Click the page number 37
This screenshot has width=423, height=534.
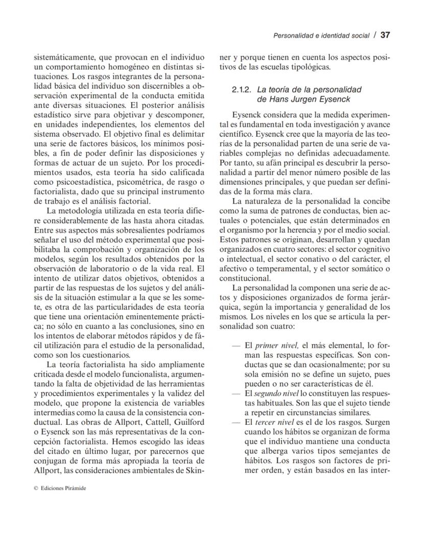(x=385, y=35)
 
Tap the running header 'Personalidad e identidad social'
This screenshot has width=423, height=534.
(x=321, y=36)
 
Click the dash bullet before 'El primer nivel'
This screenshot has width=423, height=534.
(x=236, y=346)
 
